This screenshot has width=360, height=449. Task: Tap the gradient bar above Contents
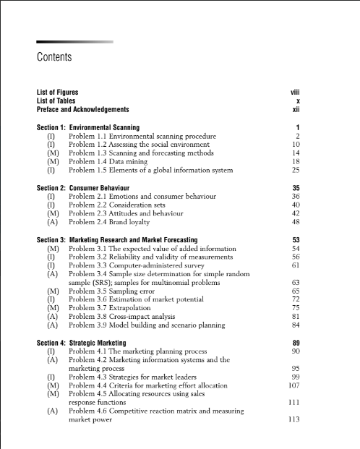click(74, 42)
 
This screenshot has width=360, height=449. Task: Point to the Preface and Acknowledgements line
click(82, 110)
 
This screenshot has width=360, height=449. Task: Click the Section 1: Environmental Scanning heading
click(88, 127)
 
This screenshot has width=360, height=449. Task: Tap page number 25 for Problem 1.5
click(295, 171)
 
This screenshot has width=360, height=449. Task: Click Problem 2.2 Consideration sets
click(125, 205)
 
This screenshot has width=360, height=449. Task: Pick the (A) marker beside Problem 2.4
click(52, 222)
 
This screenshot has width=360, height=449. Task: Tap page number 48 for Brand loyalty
click(295, 222)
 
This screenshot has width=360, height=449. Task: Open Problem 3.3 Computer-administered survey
click(144, 265)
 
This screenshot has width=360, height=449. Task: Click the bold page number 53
click(295, 239)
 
